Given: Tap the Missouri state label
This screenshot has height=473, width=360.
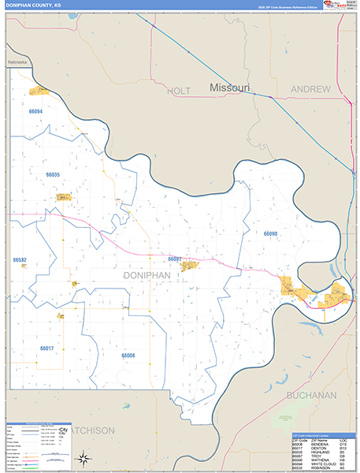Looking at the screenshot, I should click(x=229, y=88).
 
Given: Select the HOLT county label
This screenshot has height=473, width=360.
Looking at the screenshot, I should click(x=179, y=91).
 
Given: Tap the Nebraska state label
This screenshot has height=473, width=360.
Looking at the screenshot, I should click(x=17, y=62).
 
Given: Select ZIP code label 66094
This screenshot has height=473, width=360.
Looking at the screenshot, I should click(x=32, y=112).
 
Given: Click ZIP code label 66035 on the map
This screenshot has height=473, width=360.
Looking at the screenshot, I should click(x=53, y=174).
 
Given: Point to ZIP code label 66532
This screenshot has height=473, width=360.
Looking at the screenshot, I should click(x=20, y=259).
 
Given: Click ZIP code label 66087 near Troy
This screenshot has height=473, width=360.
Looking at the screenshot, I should click(x=175, y=259).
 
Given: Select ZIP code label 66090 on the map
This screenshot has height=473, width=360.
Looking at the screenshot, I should click(x=270, y=233).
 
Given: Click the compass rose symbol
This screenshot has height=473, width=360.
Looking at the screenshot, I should click(x=83, y=456).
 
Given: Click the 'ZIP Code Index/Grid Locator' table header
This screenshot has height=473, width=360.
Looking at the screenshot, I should click(x=314, y=434).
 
